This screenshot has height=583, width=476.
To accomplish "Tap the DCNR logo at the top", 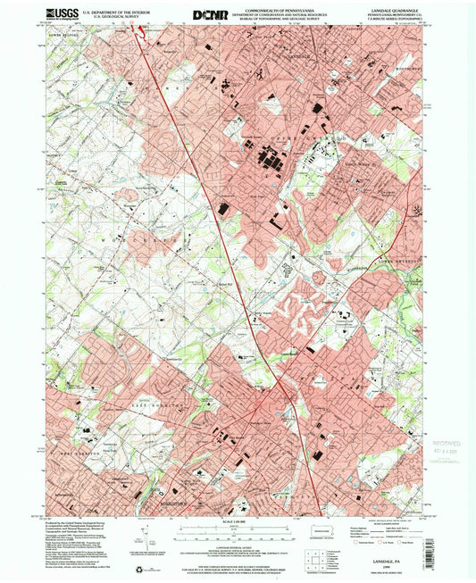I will coord(210,14).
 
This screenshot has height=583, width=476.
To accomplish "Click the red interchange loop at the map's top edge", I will coord(138,33).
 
